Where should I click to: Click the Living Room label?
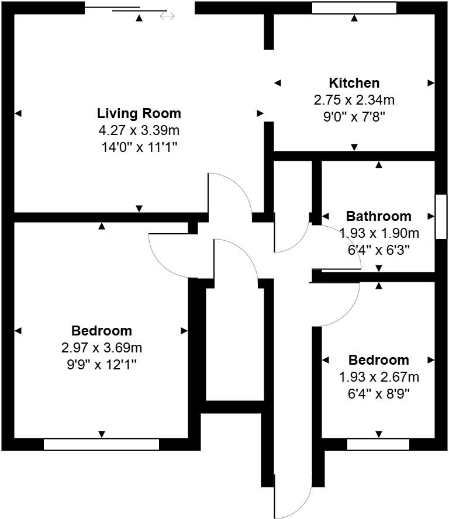pos(139,113)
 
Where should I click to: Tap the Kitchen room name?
pos(354,83)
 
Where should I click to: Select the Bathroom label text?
pos(378,216)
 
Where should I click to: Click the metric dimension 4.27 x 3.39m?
pos(139,130)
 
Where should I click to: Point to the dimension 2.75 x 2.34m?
pos(354,100)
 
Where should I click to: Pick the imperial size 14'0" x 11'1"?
pos(139,147)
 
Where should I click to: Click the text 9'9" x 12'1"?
pos(102,364)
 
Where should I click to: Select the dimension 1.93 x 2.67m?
pos(379,377)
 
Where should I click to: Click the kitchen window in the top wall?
pos(354,8)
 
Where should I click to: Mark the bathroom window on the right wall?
pos(441,216)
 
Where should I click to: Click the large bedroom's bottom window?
pos(101,445)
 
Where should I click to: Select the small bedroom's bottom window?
pos(378,445)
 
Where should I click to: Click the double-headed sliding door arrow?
pos(167,16)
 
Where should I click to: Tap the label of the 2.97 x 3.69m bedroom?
pos(102,331)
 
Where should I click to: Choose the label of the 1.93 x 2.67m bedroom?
pos(379,360)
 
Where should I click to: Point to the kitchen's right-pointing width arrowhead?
pos(431,83)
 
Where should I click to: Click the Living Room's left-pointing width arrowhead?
pos(18,113)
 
